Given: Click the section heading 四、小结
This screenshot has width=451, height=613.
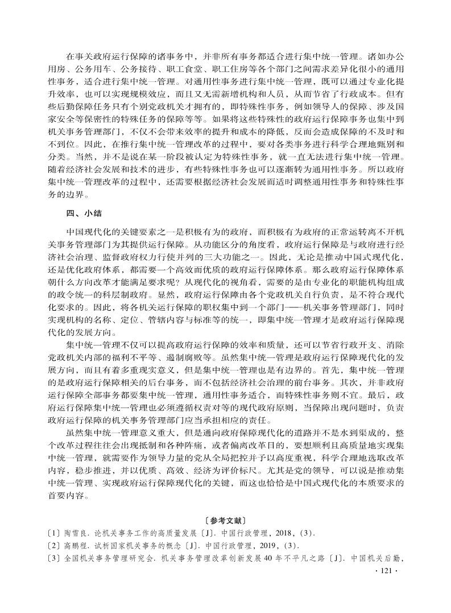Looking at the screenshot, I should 84,213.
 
